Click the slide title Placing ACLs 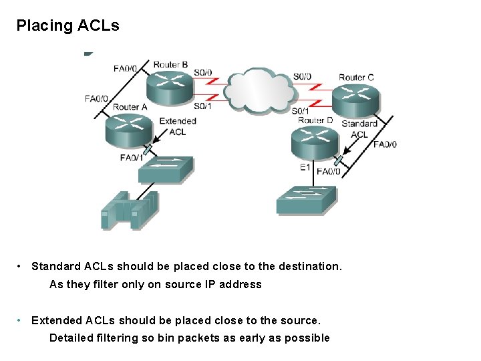67,26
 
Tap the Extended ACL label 178,126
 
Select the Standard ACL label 359,128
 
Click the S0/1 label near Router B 203,106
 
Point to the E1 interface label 305,167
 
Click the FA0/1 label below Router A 131,158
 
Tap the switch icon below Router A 166,170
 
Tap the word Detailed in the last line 71,338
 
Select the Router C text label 356,77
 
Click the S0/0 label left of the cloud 203,72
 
